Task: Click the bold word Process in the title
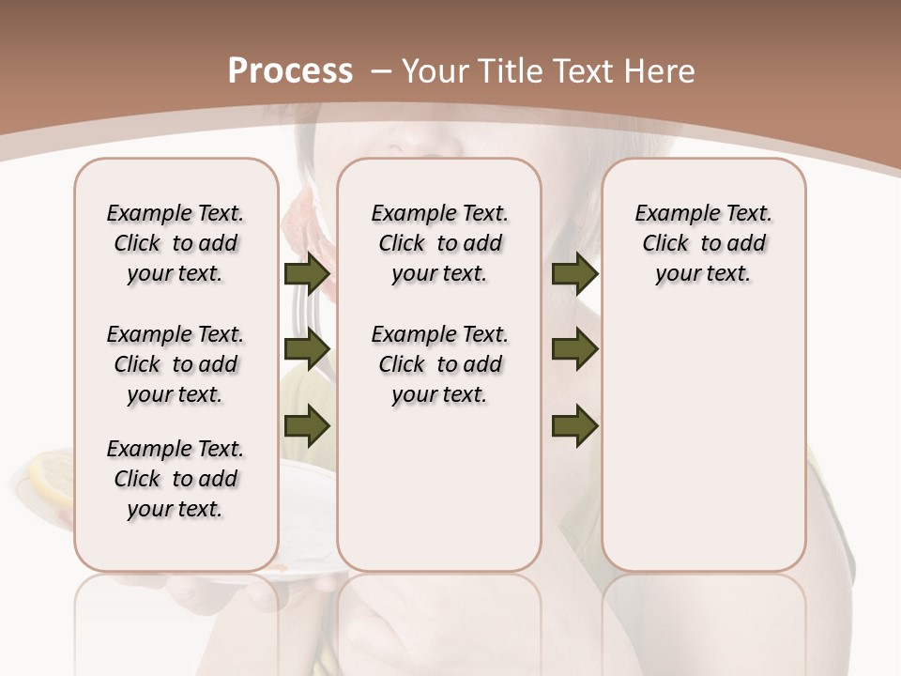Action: [x=290, y=71]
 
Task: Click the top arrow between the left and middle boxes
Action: [x=307, y=274]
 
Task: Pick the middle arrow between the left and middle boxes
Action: [x=307, y=350]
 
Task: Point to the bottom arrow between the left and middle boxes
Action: [x=307, y=426]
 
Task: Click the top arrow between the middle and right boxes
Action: [x=574, y=274]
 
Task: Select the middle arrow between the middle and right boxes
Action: [x=574, y=350]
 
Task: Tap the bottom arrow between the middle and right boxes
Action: [x=574, y=426]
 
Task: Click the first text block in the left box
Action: [x=176, y=243]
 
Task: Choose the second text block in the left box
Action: [x=176, y=364]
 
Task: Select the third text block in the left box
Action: [x=176, y=479]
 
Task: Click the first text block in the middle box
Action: [x=439, y=243]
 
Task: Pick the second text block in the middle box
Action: [x=439, y=364]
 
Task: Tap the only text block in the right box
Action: [x=703, y=243]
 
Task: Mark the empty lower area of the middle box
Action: [x=439, y=488]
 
